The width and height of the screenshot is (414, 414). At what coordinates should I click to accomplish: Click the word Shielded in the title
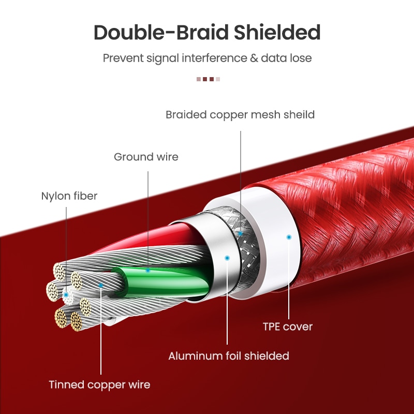point(277,33)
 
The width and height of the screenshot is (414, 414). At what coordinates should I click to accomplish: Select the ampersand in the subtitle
point(254,58)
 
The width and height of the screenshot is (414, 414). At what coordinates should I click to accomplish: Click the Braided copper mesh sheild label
point(240,114)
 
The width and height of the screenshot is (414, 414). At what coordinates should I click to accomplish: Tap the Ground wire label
point(146,157)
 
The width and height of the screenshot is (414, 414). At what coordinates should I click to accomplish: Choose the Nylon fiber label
point(69,196)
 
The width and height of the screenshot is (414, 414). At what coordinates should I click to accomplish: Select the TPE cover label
point(288,327)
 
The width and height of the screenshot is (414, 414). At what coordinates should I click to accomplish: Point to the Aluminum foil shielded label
point(229,356)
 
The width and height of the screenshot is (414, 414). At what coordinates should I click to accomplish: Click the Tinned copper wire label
point(99,385)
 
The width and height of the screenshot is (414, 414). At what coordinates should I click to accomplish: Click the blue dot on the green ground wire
point(147,270)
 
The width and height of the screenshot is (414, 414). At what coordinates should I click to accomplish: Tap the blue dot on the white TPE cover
point(289,237)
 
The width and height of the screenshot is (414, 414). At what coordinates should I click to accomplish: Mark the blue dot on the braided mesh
point(240,234)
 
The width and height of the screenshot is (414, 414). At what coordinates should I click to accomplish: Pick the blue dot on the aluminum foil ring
point(227,257)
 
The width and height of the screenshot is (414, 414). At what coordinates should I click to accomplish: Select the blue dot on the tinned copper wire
point(101,284)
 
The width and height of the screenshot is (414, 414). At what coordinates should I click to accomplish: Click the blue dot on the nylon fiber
point(66,294)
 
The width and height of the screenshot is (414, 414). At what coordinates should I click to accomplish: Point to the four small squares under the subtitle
point(209,79)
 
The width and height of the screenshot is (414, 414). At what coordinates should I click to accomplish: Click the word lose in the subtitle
point(301,58)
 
